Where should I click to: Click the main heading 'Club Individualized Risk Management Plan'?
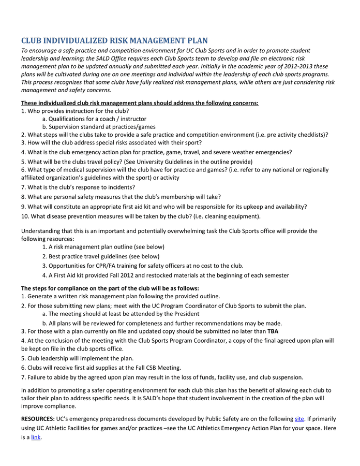coord(114,40)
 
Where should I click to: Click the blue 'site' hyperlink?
coord(299,418)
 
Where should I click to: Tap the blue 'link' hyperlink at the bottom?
coord(36,438)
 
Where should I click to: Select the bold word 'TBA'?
coord(273,331)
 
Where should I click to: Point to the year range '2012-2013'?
coord(297,66)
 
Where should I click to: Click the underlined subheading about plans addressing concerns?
coord(140,103)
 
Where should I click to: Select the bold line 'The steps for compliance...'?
coord(110,288)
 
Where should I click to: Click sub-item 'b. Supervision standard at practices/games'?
coord(99,127)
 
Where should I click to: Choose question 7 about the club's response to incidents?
coord(78,187)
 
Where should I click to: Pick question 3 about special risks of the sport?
coord(111,142)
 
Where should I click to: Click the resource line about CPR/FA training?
coord(142,266)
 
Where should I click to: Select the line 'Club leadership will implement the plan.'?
coord(77,358)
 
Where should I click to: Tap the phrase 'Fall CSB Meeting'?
coord(156,368)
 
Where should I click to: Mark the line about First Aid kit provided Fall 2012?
coord(166,275)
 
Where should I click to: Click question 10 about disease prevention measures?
coord(141,216)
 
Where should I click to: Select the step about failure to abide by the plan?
coord(162,377)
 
